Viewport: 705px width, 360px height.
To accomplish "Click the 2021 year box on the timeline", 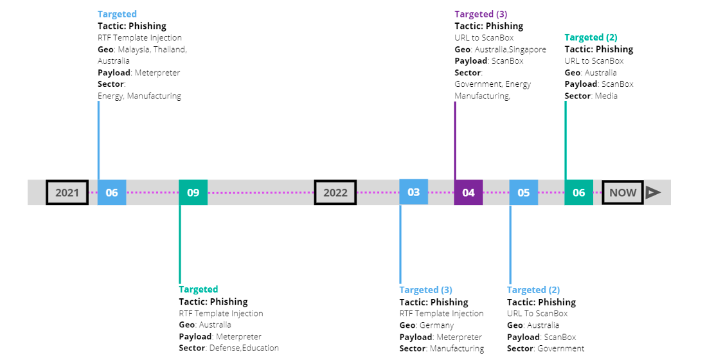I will pos(67,192).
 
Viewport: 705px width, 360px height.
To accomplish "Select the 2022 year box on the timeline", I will pos(335,192).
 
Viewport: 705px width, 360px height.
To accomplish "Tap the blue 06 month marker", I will pos(112,192).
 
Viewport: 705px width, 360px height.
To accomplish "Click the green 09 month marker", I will pos(193,192).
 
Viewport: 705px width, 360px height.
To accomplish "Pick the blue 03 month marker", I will pos(413,192).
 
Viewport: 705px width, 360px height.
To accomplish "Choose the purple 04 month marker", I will pos(469,192).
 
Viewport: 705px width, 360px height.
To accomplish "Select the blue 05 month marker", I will pos(524,192).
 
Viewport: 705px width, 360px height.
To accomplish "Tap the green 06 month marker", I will pos(578,192).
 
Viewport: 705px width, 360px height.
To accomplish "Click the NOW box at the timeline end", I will pos(623,192).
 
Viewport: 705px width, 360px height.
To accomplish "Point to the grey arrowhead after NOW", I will pos(653,192).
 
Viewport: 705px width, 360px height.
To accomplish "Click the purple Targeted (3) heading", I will pos(481,14).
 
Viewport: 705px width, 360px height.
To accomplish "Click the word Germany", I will pos(436,325).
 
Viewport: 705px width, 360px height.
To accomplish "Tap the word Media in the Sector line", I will pos(606,96).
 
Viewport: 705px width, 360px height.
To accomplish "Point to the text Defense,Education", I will pos(244,348).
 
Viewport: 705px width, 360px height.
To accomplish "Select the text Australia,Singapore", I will pos(510,50).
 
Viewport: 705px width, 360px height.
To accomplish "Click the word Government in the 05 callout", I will pos(562,348).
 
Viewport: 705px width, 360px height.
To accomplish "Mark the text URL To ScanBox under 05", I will pos(537,314).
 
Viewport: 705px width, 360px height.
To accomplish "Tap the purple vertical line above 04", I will pos(455,141).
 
